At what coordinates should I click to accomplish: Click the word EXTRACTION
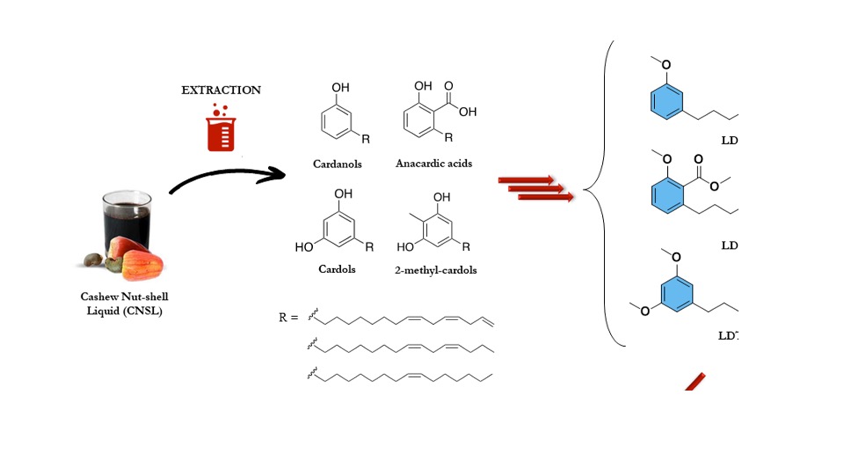[x=221, y=90]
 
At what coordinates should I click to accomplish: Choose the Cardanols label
[x=337, y=164]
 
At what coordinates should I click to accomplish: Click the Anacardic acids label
[x=433, y=164]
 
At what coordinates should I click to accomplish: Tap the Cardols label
[x=337, y=269]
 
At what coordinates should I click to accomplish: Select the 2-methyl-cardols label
[x=436, y=270]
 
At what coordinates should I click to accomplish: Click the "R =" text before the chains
[x=289, y=318]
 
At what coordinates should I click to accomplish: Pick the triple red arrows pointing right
[x=536, y=188]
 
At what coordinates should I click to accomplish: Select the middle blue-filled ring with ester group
[x=666, y=196]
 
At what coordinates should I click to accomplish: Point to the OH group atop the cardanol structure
[x=340, y=88]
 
